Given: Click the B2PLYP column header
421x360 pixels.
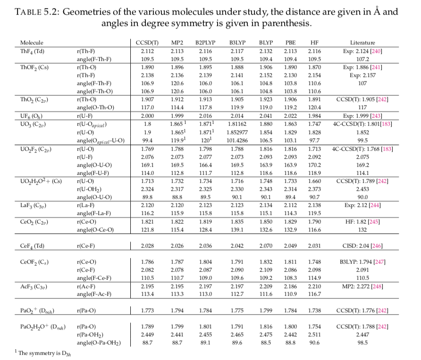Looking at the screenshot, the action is [205, 43].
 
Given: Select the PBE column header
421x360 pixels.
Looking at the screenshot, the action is [291, 43].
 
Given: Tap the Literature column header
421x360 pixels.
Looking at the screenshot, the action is [362, 43].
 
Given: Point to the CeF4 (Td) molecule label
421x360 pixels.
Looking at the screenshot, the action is [32, 246].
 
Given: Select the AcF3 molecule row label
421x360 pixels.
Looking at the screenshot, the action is [34, 287].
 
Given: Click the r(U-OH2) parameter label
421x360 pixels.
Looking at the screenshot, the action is [89, 189].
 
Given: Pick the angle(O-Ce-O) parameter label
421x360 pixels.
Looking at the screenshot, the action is [95, 230].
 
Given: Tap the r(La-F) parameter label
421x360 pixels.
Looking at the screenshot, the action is [85, 205].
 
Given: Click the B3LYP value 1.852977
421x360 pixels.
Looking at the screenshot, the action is [237, 132].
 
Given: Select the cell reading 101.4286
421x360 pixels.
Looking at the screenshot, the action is [237, 140].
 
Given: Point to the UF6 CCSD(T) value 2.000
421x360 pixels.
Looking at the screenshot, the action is [147, 116].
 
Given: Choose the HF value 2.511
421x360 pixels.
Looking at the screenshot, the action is [314, 334].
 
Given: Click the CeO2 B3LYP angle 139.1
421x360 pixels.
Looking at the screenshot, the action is [237, 230].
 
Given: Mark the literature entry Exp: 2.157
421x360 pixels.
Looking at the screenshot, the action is [362, 75].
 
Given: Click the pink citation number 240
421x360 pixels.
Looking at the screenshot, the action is [376, 51].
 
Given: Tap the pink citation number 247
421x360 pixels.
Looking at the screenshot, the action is [379, 262].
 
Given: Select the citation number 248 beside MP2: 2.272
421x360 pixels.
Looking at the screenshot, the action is [377, 286].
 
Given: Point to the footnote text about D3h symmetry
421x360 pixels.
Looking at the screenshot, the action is [43, 353].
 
